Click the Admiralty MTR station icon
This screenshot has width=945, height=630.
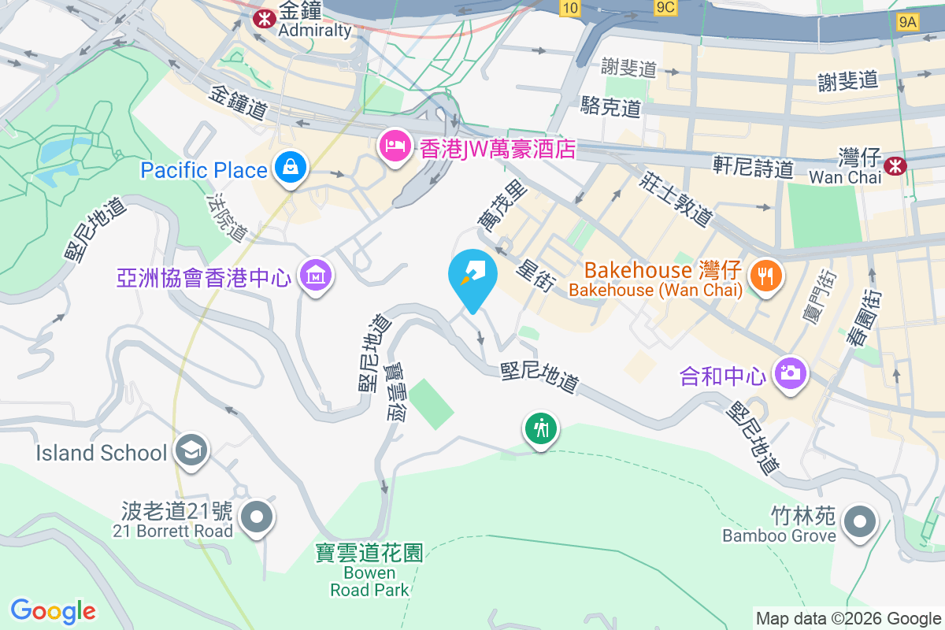(262, 17)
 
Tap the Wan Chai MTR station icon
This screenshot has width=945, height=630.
(894, 165)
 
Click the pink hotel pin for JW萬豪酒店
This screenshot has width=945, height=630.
(395, 146)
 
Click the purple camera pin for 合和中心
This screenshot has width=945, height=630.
(788, 372)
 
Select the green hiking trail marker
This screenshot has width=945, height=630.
(540, 429)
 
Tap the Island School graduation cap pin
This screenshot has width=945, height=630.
(191, 450)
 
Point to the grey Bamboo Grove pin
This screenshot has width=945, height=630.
(859, 522)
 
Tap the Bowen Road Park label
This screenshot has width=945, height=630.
(370, 572)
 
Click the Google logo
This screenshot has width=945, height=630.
(54, 610)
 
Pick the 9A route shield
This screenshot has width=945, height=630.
(907, 21)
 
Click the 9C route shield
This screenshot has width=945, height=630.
(665, 7)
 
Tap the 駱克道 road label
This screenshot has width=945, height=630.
(610, 106)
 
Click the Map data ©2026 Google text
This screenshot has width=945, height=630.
(848, 619)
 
